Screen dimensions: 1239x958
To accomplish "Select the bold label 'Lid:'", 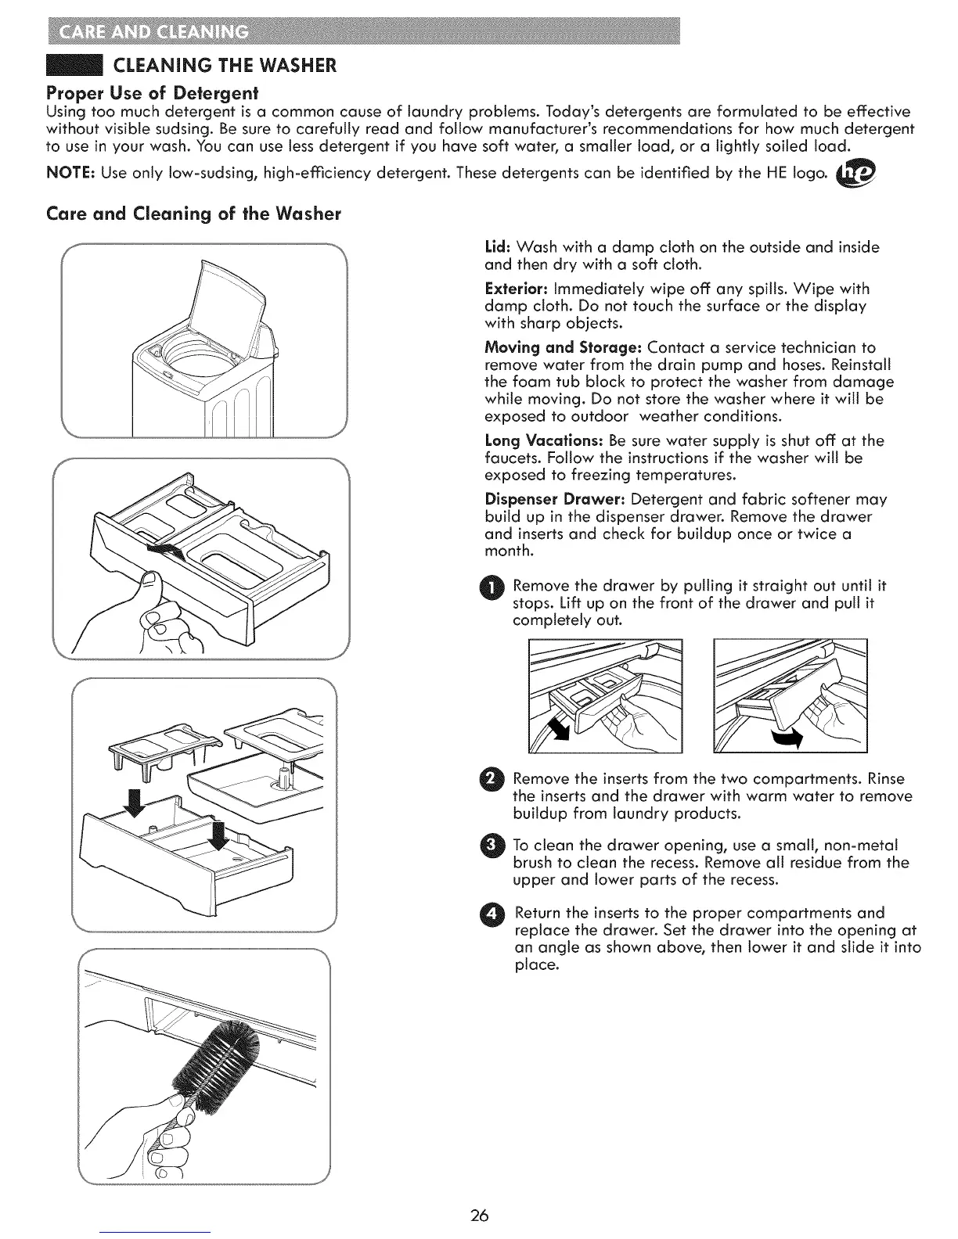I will pos(499,247).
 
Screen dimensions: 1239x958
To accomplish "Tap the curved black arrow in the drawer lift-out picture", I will pos(787,738).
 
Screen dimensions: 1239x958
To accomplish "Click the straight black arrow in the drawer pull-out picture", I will pos(560,727).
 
